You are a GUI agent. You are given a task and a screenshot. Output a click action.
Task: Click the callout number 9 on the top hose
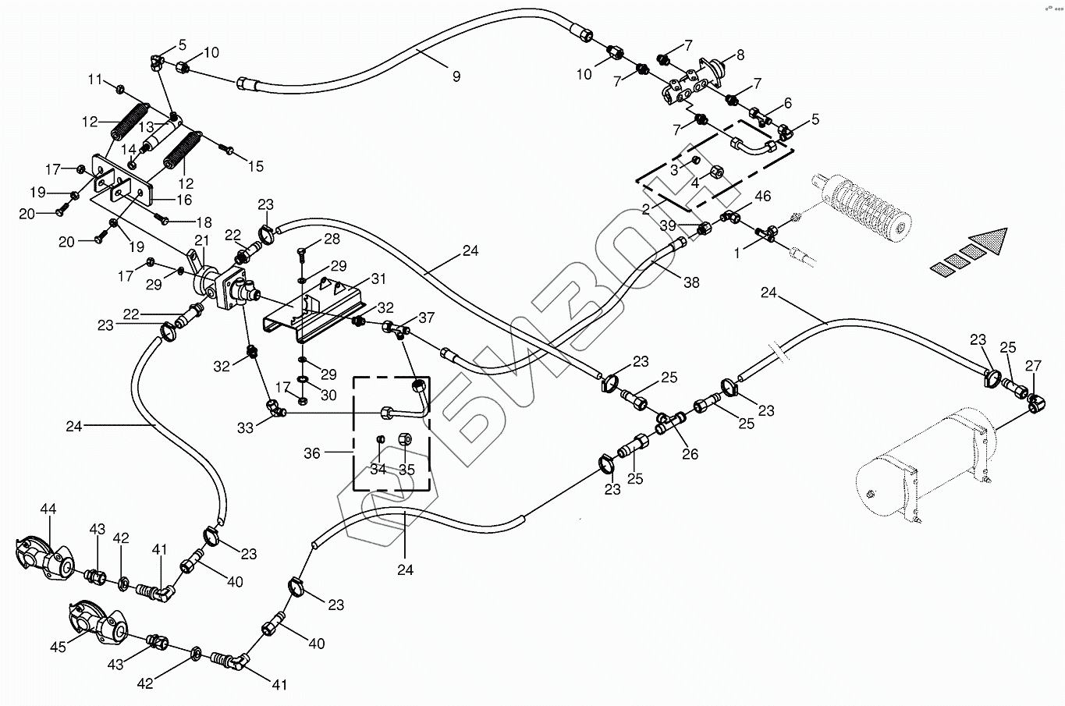coord(456,76)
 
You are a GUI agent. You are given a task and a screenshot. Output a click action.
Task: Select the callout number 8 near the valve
coord(740,55)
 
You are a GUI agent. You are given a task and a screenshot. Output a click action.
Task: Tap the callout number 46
coord(762,197)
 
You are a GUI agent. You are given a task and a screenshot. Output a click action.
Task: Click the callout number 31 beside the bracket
coord(379,278)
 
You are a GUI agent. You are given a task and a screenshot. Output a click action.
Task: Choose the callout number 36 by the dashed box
coord(312,453)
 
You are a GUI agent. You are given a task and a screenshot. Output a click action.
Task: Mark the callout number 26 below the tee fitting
coord(690,454)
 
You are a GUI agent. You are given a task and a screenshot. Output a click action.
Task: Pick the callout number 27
coord(1034,367)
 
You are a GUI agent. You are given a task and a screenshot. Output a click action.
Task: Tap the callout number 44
coord(48,509)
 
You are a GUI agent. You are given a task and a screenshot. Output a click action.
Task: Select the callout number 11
coord(94,80)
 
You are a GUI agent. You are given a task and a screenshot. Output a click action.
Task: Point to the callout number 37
coord(426,318)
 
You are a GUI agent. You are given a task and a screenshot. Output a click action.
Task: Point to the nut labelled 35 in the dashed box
coord(406,439)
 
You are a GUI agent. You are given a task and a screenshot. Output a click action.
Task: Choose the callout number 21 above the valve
coord(202,241)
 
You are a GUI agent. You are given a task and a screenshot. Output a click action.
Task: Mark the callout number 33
coord(244,428)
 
